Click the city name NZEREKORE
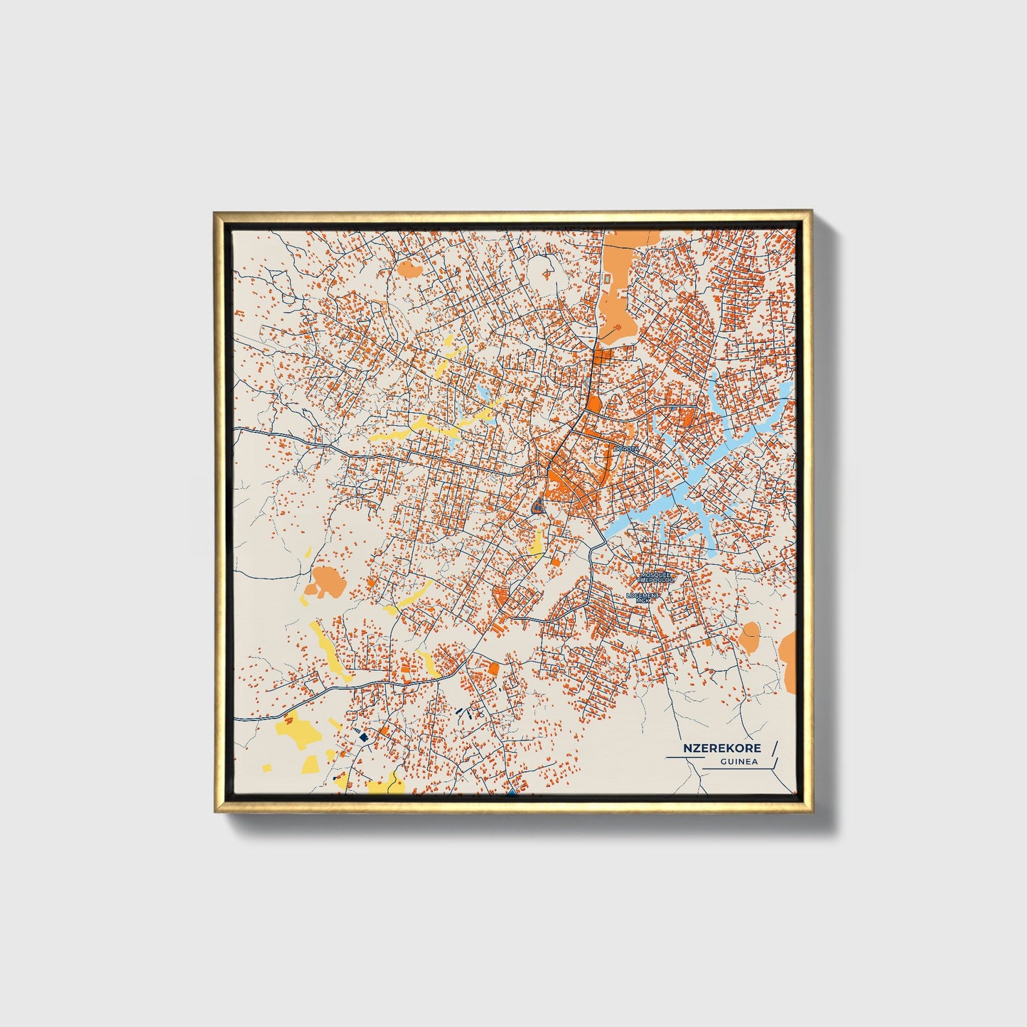point(721,748)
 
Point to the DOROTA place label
point(626,449)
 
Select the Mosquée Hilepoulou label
point(656,577)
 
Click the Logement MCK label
point(643,597)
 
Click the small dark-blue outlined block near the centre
point(538,506)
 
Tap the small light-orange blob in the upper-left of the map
point(407,268)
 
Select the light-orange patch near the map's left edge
point(326,582)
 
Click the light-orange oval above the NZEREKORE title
point(749,636)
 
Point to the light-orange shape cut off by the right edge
point(788,659)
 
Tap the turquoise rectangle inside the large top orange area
point(608,280)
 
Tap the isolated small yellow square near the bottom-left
point(267,768)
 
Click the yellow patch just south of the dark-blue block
point(538,542)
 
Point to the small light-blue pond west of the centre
point(484,394)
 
